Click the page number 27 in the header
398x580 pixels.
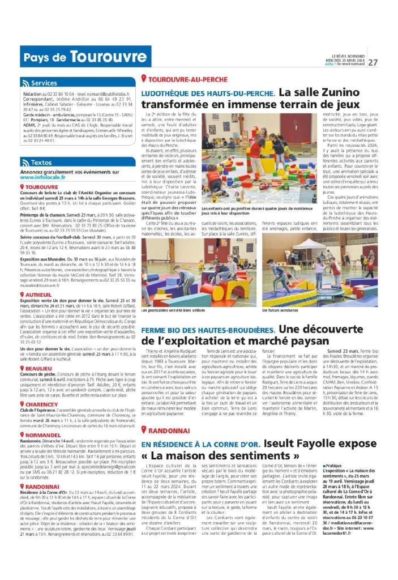click(x=374, y=62)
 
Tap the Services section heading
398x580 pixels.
click(x=44, y=83)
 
